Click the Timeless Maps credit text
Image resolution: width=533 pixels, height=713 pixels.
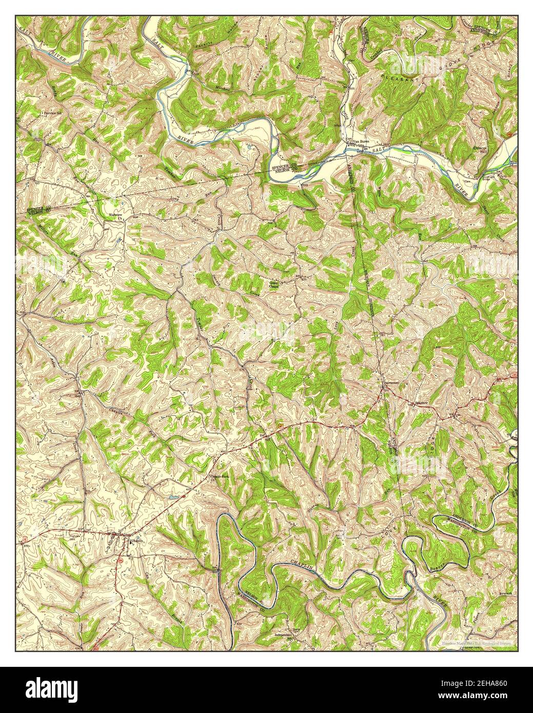pyautogui.click(x=480, y=642)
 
